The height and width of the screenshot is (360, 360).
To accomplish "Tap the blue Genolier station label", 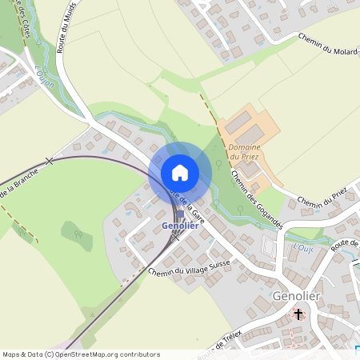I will (180, 226).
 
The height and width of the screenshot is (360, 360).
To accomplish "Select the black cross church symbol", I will (299, 314).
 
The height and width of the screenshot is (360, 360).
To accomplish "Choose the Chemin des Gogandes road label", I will (256, 200).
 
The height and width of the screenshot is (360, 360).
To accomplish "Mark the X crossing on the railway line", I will (50, 161).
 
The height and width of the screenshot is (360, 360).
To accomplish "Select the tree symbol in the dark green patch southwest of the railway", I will (78, 234).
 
